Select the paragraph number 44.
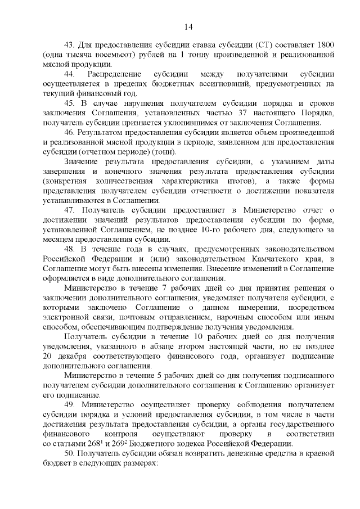pyautogui.click(x=70, y=74)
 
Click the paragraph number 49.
pyautogui.click(x=70, y=406)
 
